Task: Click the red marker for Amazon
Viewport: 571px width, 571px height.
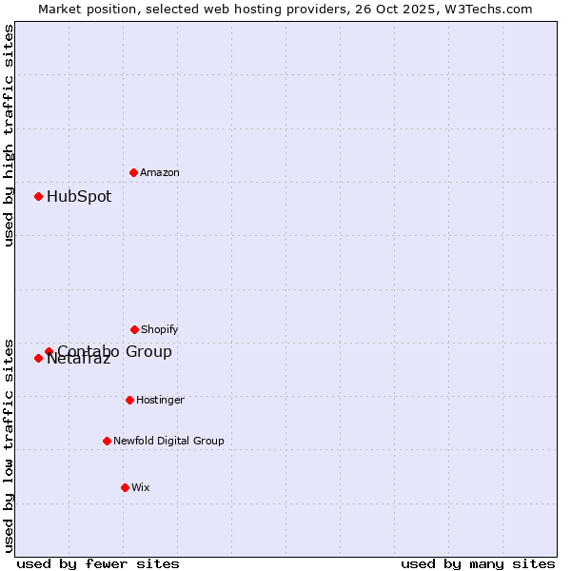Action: (134, 172)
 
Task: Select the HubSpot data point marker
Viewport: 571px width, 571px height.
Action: (39, 197)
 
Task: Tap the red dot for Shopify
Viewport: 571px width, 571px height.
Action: (134, 329)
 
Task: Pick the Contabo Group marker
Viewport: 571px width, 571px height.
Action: (49, 352)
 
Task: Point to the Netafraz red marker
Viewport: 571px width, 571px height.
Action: (39, 359)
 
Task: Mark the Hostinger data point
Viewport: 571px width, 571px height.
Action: (129, 400)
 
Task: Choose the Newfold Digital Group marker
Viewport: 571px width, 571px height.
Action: (107, 441)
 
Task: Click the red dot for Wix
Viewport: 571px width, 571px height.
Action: (125, 487)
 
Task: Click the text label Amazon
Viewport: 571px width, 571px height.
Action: (160, 172)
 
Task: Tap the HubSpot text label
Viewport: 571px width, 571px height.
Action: (79, 197)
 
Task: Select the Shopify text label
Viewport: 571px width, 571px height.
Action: (160, 329)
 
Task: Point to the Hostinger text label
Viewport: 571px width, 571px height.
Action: (160, 400)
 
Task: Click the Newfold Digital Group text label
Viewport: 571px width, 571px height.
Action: (168, 441)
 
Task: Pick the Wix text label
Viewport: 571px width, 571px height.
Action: (141, 487)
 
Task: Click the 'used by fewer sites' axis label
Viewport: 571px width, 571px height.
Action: (98, 563)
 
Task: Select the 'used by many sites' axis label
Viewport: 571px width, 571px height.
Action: (478, 563)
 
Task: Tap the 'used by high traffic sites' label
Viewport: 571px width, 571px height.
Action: (9, 135)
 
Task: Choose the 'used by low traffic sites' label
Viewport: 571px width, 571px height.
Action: (9, 445)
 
